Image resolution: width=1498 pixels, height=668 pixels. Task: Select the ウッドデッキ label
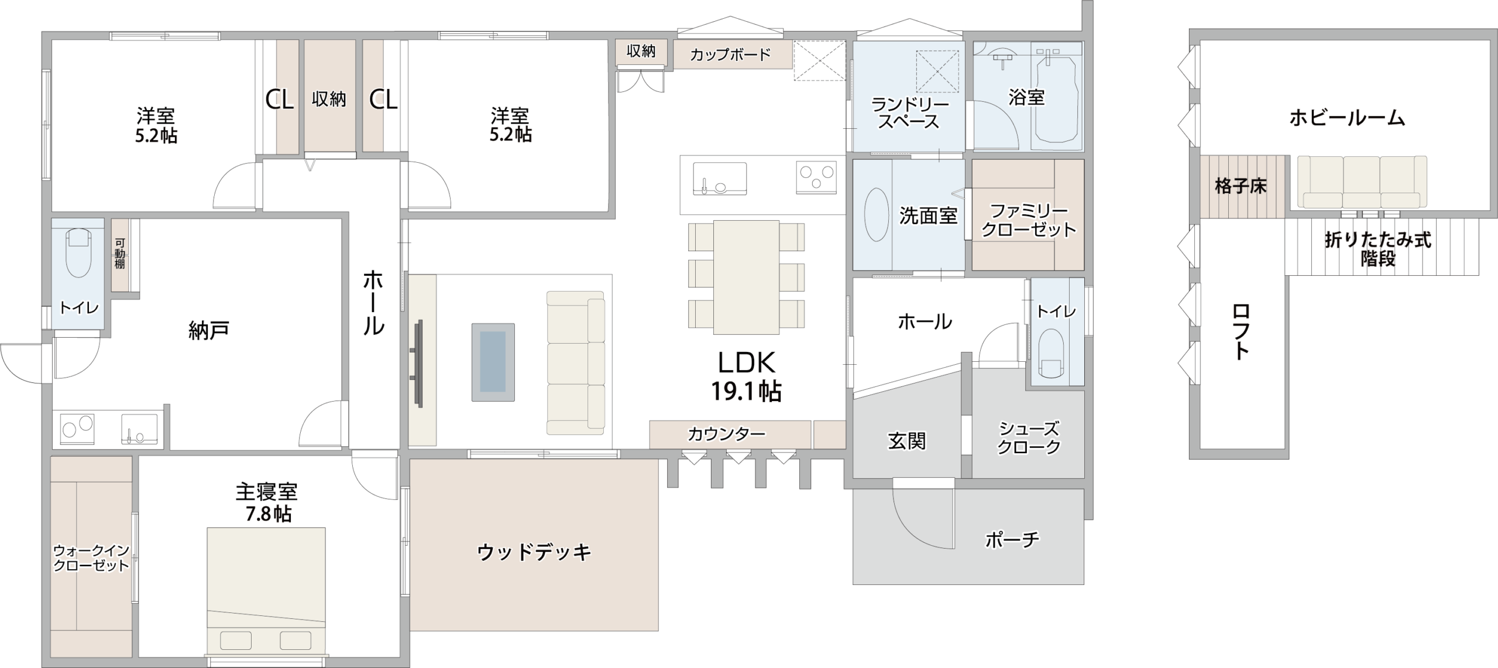[534, 552]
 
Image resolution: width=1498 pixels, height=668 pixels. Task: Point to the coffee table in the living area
[493, 362]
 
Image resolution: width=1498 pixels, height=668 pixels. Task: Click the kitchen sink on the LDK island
[720, 179]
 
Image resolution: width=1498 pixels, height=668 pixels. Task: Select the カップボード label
[730, 55]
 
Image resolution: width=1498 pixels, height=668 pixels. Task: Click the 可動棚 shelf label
[120, 253]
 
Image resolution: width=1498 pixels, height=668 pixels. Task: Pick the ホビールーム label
[1347, 118]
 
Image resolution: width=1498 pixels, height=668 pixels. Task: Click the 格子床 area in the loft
[1241, 187]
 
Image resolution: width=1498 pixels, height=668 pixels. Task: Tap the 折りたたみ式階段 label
[1378, 248]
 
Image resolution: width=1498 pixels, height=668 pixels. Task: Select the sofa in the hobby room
[1362, 181]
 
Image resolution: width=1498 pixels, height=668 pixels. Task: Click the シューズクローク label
[1029, 438]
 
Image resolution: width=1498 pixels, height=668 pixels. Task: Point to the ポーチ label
[1012, 539]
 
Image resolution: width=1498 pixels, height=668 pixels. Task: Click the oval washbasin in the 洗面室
[877, 214]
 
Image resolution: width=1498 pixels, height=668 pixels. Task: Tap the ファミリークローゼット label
[1029, 220]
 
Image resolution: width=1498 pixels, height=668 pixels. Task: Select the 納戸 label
[208, 331]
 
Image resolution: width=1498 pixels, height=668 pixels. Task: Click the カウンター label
[726, 434]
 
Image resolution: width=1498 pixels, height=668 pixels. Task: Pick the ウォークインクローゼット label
[91, 558]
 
